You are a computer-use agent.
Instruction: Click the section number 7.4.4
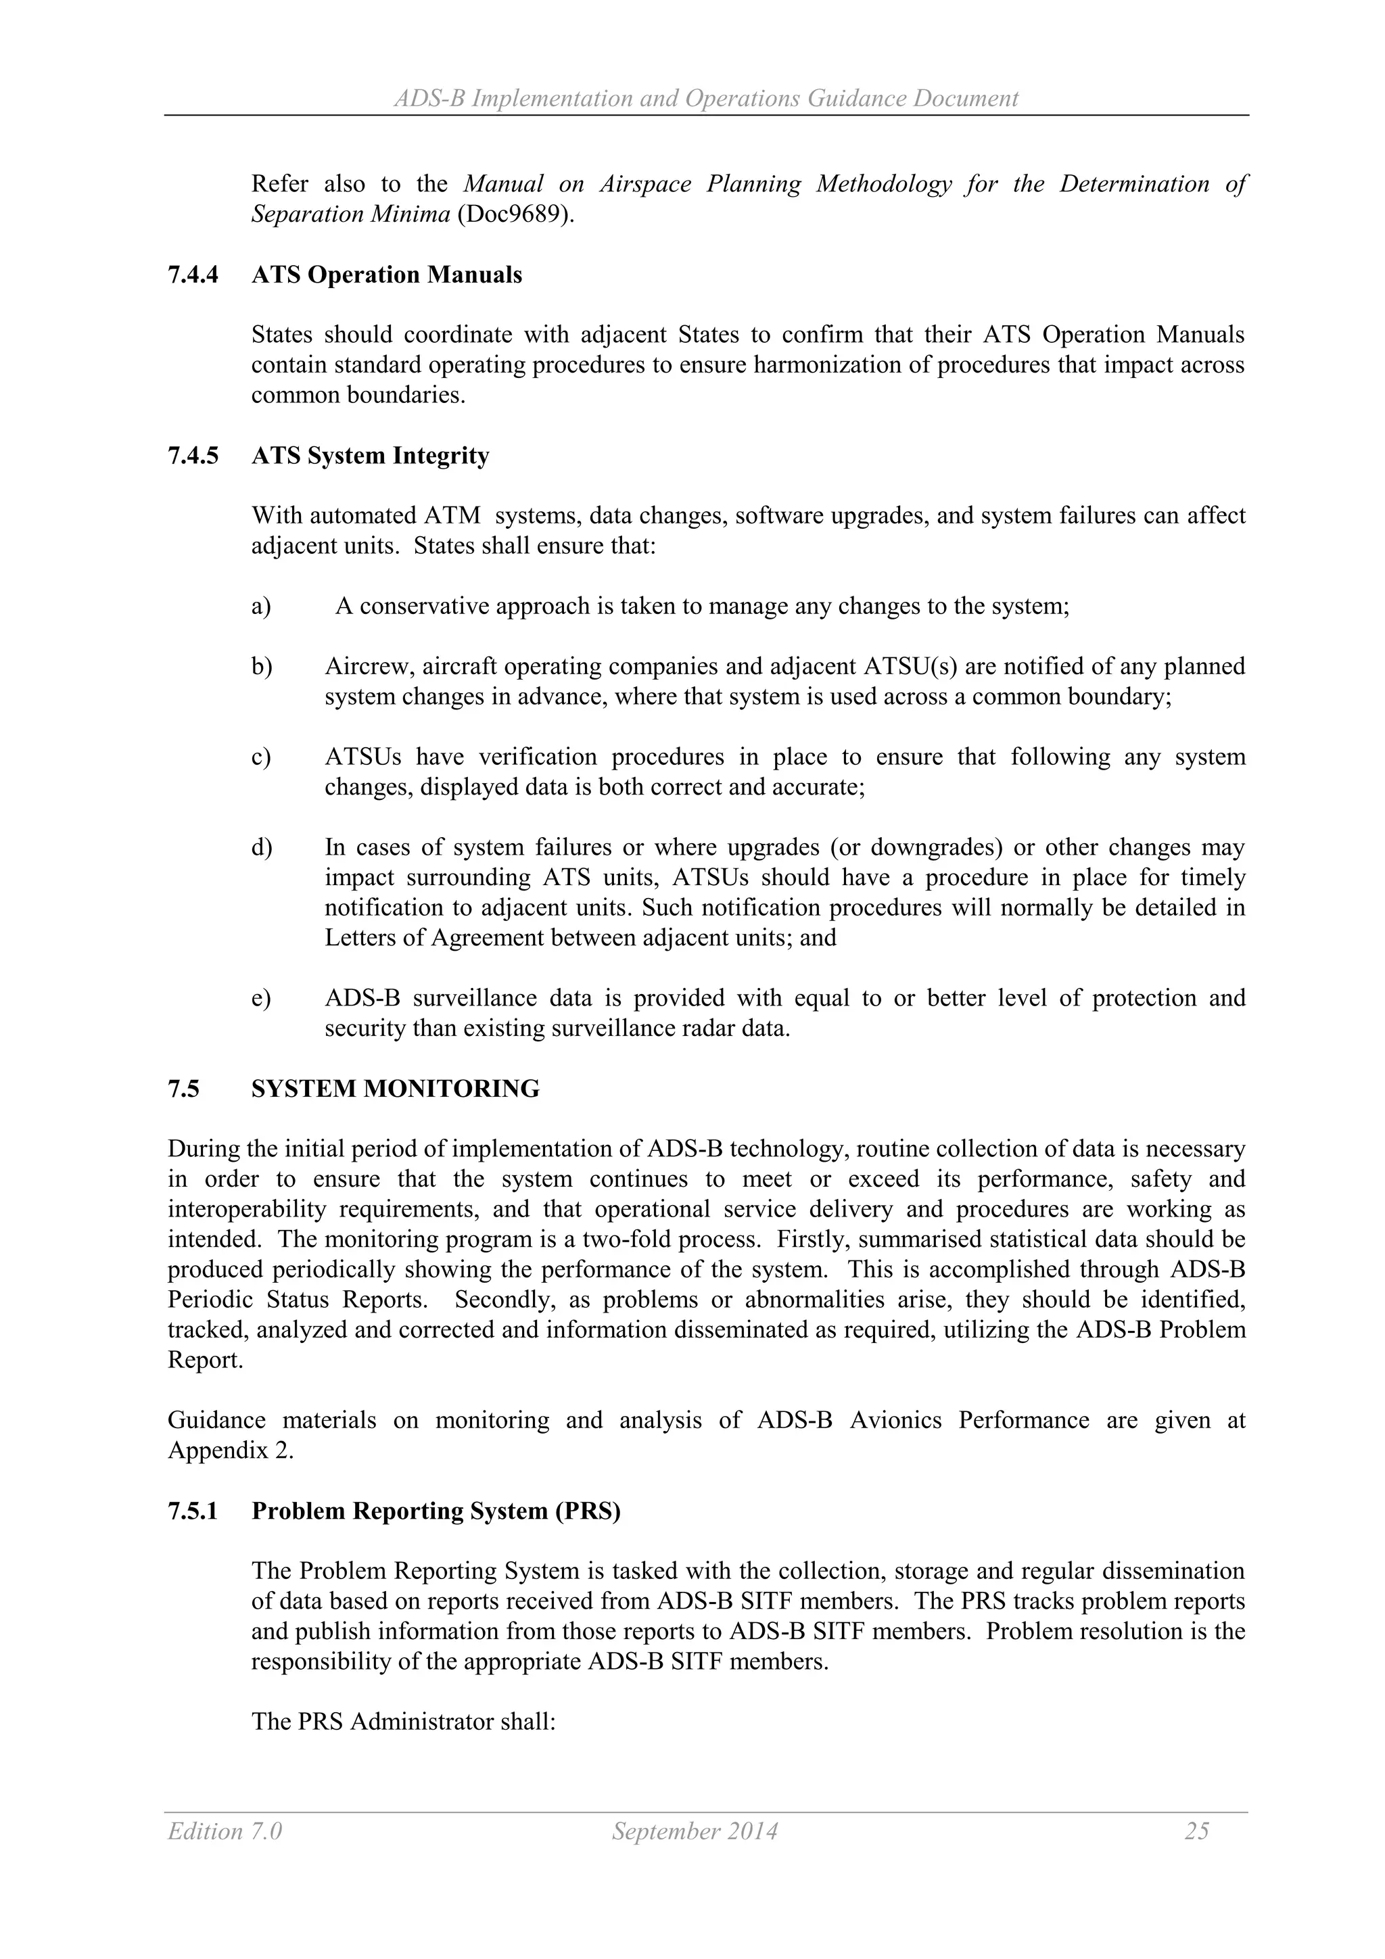(x=193, y=276)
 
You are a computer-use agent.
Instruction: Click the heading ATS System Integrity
(x=371, y=456)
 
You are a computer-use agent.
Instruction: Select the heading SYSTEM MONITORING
(x=395, y=1089)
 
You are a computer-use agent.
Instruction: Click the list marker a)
(x=261, y=607)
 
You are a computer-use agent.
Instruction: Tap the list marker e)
(x=261, y=998)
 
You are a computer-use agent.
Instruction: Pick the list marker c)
(x=261, y=757)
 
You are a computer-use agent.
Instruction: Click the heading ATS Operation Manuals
(x=387, y=276)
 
